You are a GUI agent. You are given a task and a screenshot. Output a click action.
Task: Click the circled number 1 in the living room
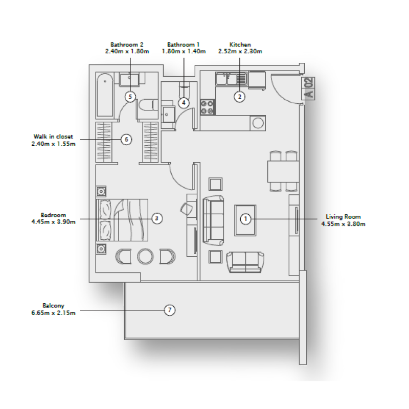(x=245, y=219)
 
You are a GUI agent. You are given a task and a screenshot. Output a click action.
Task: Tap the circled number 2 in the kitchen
(x=239, y=96)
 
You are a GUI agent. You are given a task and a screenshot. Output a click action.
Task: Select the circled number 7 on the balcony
(x=170, y=310)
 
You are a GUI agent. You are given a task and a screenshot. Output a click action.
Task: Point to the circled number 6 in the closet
(x=126, y=139)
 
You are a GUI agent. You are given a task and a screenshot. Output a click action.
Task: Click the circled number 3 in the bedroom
(x=157, y=218)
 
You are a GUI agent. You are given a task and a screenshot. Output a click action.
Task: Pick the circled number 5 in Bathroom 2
(x=130, y=96)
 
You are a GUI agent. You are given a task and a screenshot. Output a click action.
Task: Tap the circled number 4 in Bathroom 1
(x=184, y=103)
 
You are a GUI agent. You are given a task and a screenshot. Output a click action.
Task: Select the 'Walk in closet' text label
(x=54, y=137)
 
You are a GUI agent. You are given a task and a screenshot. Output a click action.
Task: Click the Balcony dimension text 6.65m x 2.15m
(x=53, y=313)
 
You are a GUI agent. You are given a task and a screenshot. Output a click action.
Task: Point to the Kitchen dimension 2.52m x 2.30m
(x=240, y=52)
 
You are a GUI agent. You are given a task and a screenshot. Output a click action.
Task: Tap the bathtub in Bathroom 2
(x=106, y=96)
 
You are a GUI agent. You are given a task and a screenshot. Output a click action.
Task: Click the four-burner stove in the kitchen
(x=208, y=107)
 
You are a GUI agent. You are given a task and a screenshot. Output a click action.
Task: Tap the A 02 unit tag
(x=308, y=88)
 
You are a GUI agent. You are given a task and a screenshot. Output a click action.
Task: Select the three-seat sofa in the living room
(x=213, y=219)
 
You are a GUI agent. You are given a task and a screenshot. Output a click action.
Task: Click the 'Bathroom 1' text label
(x=183, y=45)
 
